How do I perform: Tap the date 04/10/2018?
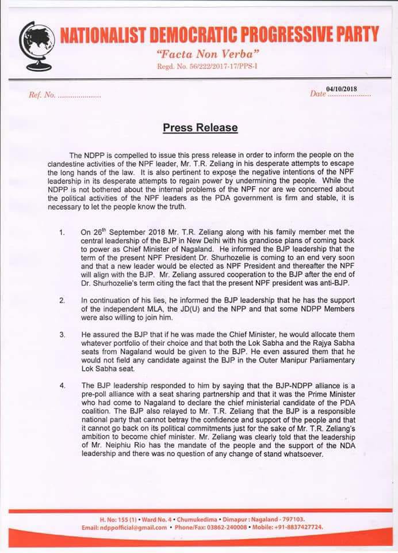(x=342, y=88)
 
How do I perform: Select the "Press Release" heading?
(x=199, y=127)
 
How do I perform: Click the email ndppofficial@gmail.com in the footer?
(x=132, y=527)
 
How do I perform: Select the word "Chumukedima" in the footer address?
(x=184, y=519)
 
